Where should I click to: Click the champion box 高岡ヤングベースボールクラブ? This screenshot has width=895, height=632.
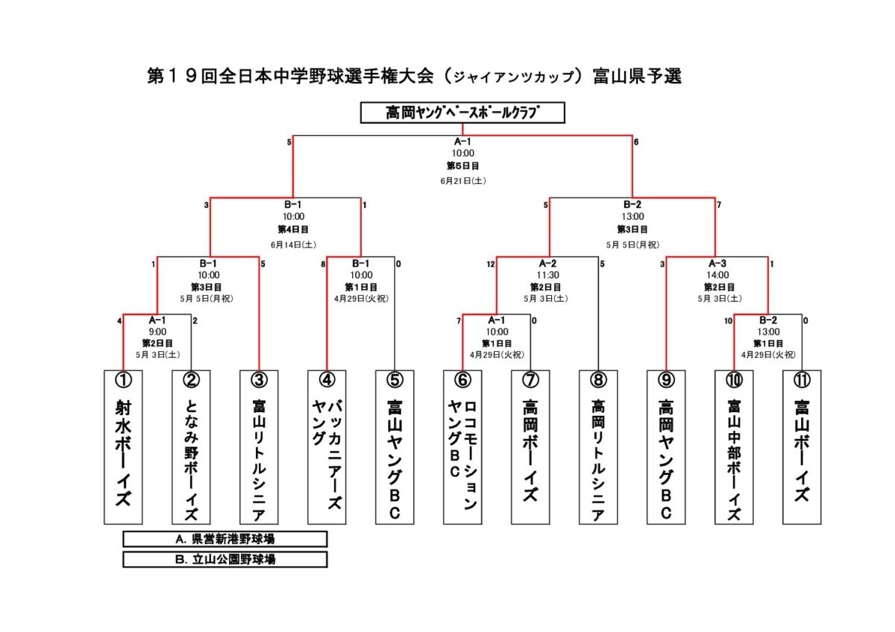(462, 113)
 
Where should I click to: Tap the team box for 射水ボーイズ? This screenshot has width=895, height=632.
(123, 446)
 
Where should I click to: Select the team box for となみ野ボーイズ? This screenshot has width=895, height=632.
(191, 446)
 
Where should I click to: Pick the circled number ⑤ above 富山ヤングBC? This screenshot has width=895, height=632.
(395, 379)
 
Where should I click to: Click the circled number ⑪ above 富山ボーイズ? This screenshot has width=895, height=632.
(802, 379)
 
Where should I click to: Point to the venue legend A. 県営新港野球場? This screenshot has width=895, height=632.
(225, 539)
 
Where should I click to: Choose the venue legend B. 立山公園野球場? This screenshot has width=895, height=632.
(225, 560)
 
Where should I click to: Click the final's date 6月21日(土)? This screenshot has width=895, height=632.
(463, 181)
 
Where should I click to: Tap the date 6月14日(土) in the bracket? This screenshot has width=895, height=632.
(293, 244)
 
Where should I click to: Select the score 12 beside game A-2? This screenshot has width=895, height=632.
(491, 265)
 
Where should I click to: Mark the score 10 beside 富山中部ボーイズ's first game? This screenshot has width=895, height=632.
(728, 321)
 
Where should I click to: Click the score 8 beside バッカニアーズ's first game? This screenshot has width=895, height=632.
(323, 265)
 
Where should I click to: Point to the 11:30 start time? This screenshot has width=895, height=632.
(547, 275)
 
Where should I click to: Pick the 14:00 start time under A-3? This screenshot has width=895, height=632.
(717, 275)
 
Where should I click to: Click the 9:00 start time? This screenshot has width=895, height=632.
(157, 332)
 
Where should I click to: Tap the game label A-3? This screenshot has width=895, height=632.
(717, 264)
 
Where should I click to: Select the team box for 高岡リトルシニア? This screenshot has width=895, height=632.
(598, 446)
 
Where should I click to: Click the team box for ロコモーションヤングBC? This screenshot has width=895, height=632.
(462, 446)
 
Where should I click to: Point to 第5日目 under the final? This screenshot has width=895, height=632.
(462, 165)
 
